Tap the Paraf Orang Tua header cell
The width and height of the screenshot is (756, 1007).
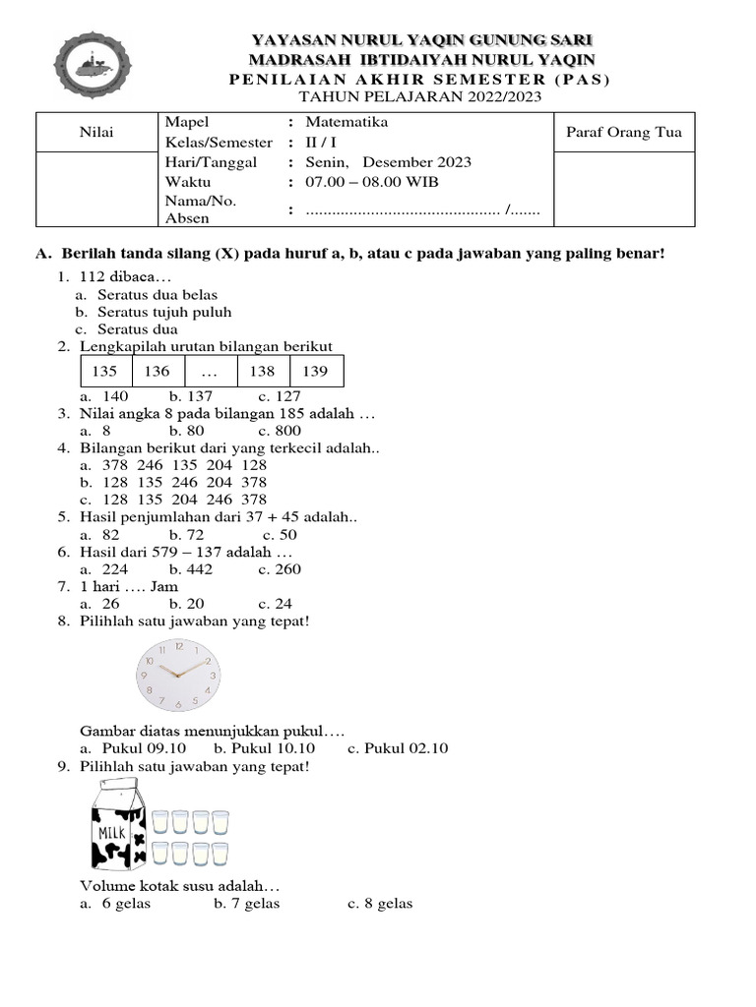(x=624, y=133)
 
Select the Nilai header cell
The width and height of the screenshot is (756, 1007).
(x=95, y=133)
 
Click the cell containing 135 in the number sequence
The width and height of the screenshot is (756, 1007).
(x=104, y=372)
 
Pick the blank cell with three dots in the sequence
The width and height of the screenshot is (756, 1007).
(x=210, y=372)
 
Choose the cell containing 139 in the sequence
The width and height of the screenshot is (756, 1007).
(x=315, y=372)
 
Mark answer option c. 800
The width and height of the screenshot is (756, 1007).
(x=280, y=431)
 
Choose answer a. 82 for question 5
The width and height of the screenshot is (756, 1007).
(x=99, y=535)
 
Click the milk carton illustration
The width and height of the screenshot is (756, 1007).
(x=119, y=823)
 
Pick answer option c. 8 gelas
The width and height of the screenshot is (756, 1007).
(x=380, y=904)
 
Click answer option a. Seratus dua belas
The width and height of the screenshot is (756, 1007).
(x=157, y=294)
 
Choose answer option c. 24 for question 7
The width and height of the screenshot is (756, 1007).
(x=280, y=604)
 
